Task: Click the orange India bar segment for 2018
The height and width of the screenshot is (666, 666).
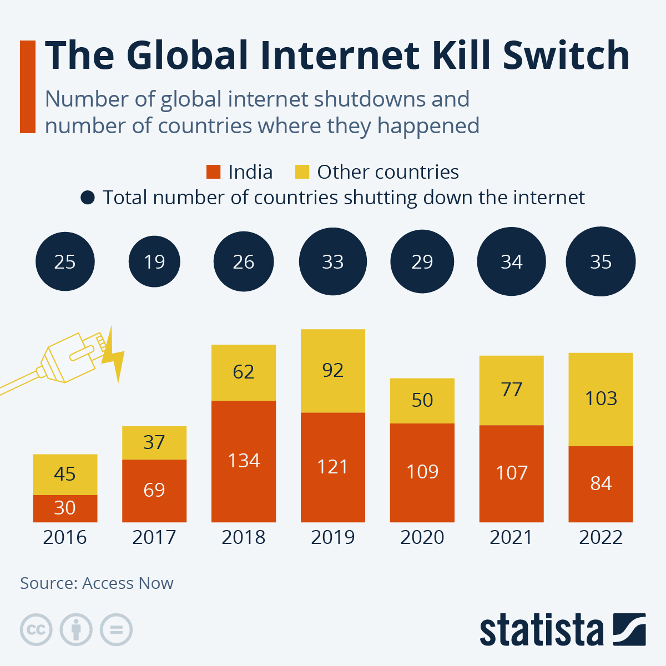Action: [x=244, y=461]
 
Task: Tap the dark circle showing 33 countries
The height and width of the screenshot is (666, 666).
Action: [x=333, y=261]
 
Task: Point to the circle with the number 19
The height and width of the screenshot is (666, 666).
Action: [x=154, y=261]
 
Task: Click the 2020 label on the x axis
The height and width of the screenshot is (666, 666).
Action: [x=422, y=537]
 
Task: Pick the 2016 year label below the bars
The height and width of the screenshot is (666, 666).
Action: [x=65, y=537]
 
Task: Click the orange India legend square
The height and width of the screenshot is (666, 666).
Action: [x=213, y=172]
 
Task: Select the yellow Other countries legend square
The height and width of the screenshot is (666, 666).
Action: [x=302, y=172]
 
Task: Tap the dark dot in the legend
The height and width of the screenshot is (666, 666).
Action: [x=88, y=198]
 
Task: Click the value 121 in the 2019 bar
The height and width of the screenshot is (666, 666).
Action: [x=333, y=467]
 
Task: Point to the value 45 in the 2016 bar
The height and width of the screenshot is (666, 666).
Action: [x=65, y=474]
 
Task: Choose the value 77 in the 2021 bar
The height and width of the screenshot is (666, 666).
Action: [x=512, y=390]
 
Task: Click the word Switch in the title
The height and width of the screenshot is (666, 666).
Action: [x=566, y=56]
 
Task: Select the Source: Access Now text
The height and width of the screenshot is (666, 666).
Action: [x=97, y=583]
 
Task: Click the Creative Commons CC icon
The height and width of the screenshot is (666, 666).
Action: [x=36, y=630]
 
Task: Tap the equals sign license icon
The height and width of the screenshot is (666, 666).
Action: [x=116, y=630]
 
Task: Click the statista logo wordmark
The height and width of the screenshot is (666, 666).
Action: [x=541, y=630]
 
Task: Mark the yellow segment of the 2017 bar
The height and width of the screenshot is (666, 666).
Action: [x=154, y=443]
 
